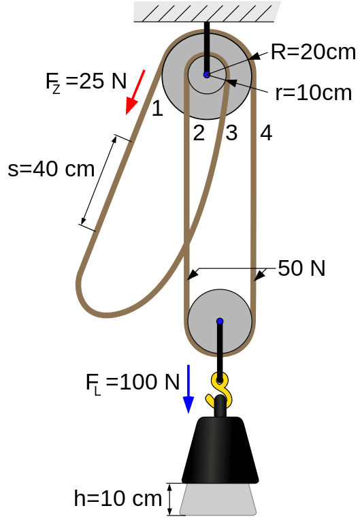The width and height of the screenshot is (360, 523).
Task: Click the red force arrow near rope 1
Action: (x=135, y=93)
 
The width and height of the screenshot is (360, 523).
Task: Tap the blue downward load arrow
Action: (x=189, y=389)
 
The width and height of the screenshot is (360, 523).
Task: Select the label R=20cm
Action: (x=313, y=52)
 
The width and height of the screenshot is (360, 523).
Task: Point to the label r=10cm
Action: (x=313, y=93)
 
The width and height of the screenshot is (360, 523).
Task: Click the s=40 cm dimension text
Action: (x=51, y=169)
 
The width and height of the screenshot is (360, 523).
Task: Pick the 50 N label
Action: (x=301, y=268)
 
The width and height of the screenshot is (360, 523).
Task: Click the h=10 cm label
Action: (x=118, y=498)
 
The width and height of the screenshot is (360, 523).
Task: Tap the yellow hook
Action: (x=220, y=389)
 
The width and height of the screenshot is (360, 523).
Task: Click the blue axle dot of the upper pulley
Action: (x=207, y=75)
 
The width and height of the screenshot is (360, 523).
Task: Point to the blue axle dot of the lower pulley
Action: (x=220, y=321)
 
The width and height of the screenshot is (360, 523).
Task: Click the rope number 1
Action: (x=157, y=109)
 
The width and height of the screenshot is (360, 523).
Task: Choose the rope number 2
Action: (x=199, y=133)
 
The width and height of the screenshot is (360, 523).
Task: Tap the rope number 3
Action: (x=231, y=133)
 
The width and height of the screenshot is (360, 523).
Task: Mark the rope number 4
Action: (x=266, y=133)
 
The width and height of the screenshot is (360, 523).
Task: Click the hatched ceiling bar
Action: (x=207, y=12)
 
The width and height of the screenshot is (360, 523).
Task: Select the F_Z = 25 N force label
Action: (x=86, y=82)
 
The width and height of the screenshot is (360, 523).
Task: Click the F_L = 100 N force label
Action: (x=133, y=383)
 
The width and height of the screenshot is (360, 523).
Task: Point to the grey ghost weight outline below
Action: (x=218, y=499)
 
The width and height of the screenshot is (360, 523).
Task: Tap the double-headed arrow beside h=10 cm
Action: (x=169, y=499)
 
